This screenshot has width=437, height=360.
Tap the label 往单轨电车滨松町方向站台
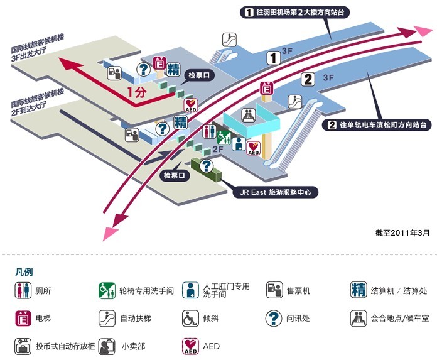[378, 125]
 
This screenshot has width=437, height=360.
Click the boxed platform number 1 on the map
[274, 59]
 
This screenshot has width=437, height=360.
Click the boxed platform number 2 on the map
[308, 79]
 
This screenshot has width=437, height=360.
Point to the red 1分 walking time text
[136, 92]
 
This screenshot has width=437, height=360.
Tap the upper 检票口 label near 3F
[202, 75]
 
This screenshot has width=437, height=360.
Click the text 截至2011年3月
[402, 232]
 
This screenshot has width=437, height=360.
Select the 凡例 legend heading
[24, 272]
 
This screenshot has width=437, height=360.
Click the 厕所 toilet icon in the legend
[23, 290]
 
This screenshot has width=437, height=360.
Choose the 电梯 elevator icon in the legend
[23, 318]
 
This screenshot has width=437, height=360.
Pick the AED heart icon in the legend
[190, 346]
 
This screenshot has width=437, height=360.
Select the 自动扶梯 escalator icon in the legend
[106, 318]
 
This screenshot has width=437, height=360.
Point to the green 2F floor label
[218, 150]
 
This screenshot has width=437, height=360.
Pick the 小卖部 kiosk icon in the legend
[106, 346]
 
